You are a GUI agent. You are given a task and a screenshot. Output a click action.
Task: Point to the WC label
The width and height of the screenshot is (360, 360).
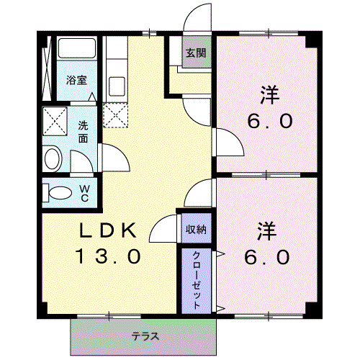pyautogui.click(x=84, y=192)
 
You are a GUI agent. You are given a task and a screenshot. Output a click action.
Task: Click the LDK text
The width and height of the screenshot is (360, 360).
pyautogui.click(x=108, y=231)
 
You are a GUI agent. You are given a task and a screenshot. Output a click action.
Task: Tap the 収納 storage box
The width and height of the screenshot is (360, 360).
pyautogui.click(x=196, y=230)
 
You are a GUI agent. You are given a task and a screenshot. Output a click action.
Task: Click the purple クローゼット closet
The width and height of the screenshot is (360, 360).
pyautogui.click(x=196, y=279)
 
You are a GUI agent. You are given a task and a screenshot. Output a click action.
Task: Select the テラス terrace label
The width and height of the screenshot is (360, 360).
pyautogui.click(x=145, y=336)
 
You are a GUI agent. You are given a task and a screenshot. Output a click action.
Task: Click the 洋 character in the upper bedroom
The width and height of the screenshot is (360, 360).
pyautogui.click(x=270, y=94)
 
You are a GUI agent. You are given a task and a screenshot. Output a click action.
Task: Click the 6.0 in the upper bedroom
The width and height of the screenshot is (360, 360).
pyautogui.click(x=270, y=120)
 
